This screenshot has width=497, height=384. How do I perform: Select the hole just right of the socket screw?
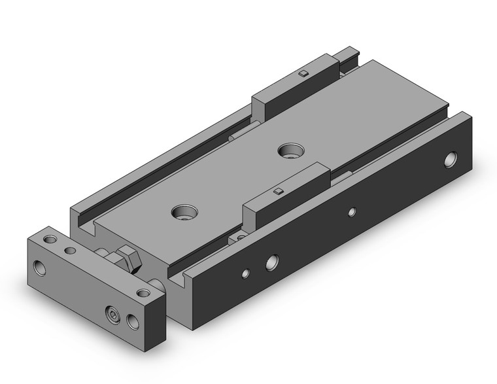tap(133, 321)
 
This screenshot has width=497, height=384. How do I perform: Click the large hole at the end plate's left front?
tap(40, 268)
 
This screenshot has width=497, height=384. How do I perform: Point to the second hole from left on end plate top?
tap(70, 250)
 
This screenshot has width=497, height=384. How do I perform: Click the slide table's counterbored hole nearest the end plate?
tap(183, 212)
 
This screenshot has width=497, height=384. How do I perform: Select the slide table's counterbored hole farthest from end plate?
tap(288, 150)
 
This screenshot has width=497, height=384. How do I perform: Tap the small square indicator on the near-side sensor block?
tap(277, 191)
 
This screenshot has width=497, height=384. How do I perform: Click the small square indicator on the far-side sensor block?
tap(302, 73)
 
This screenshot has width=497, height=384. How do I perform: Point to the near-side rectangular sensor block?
tap(285, 196)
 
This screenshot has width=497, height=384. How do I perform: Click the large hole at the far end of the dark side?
tap(451, 160)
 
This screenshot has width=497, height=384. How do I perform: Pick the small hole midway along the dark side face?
tap(352, 211)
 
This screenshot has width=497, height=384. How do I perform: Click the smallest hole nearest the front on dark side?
tap(245, 273)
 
